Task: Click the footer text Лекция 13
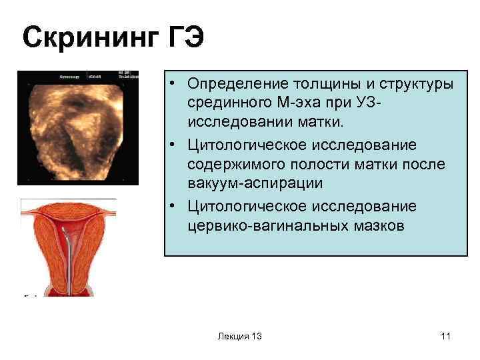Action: [x=239, y=336]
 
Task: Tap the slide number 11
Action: [x=446, y=336]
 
